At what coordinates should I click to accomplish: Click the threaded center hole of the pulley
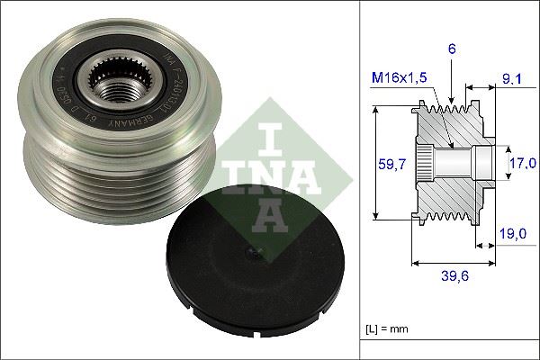119,89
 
